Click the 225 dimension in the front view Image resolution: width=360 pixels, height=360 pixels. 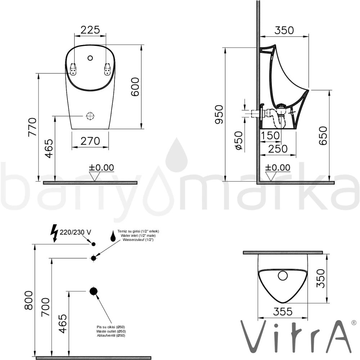point(90,30)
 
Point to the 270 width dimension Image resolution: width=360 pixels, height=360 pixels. point(90,141)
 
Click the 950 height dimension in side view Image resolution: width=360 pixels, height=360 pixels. point(219,114)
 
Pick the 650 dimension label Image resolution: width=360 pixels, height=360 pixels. point(323,135)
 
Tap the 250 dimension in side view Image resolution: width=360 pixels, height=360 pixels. point(278,148)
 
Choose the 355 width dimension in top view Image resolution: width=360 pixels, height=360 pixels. point(282,311)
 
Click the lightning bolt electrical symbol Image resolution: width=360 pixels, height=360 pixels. point(54,233)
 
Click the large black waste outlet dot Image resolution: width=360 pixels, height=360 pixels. point(94,291)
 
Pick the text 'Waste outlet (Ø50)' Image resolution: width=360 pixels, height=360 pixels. point(111,331)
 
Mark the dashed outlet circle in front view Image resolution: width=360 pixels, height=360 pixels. point(90,116)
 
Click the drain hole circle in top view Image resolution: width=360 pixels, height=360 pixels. point(283,276)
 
